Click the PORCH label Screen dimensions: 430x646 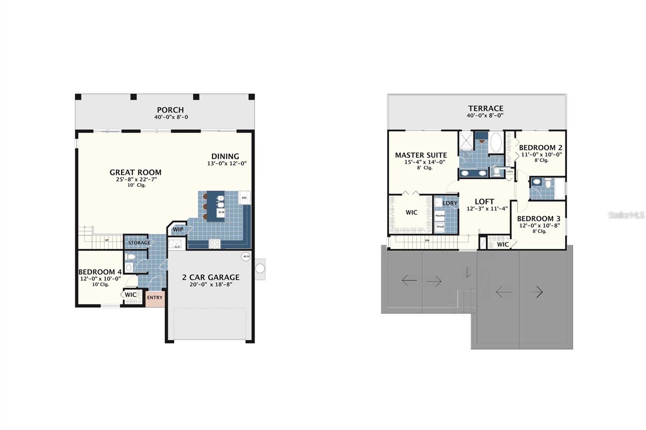[x=170, y=110]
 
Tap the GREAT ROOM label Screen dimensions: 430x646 [x=135, y=172]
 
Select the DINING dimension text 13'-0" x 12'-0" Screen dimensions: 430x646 [x=227, y=164]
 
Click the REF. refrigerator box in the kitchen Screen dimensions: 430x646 [x=244, y=198]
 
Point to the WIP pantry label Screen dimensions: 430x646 [x=178, y=230]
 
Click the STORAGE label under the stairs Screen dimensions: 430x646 [x=139, y=242]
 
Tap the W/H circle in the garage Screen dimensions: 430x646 [x=246, y=257]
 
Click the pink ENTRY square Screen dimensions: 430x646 [x=155, y=298]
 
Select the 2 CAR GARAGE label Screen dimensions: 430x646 [x=210, y=277]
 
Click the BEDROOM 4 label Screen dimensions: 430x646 [x=100, y=272]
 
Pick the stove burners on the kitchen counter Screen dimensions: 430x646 [x=214, y=244]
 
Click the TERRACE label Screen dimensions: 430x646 [x=485, y=108]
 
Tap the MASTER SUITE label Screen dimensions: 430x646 [x=421, y=155]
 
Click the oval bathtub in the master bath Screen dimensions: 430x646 [x=495, y=142]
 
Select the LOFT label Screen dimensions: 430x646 [x=484, y=202]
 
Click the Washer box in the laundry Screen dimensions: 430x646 [x=440, y=215]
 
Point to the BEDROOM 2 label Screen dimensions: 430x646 [x=540, y=148]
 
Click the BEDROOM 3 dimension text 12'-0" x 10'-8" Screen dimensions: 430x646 [x=539, y=225]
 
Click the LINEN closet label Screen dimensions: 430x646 [x=510, y=171]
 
